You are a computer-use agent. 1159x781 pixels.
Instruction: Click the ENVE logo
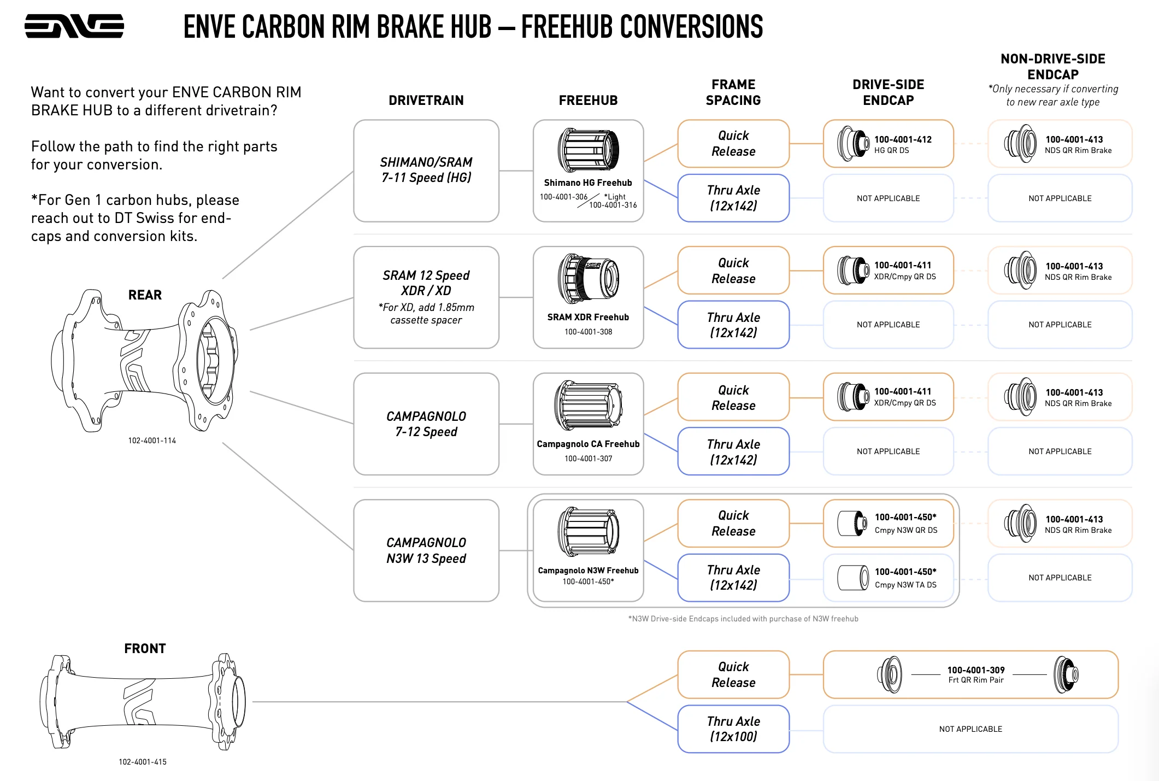click(74, 26)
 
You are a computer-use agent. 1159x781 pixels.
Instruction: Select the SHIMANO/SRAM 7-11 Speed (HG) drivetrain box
click(426, 171)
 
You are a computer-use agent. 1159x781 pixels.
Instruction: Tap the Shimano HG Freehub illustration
click(588, 150)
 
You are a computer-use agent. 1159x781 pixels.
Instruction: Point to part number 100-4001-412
click(903, 139)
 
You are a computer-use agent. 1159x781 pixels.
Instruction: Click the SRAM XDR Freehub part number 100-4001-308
click(588, 332)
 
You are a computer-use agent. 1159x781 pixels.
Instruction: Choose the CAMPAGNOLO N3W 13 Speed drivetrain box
click(426, 550)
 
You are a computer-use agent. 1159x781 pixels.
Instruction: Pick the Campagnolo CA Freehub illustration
click(588, 406)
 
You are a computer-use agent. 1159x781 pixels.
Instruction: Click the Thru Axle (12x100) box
click(733, 729)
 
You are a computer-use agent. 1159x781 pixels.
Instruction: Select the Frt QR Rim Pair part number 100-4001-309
click(976, 670)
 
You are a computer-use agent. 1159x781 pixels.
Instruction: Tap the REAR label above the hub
click(145, 295)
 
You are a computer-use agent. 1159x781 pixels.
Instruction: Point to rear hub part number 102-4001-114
click(152, 441)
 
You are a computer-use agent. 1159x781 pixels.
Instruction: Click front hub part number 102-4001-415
click(143, 762)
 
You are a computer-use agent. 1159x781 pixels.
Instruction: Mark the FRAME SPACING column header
click(733, 92)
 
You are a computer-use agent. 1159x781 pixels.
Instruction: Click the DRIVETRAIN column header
click(426, 101)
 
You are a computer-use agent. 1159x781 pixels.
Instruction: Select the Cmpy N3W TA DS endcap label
click(905, 585)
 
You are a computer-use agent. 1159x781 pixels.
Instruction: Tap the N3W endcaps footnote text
click(743, 619)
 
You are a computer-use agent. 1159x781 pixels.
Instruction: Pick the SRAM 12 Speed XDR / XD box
click(426, 297)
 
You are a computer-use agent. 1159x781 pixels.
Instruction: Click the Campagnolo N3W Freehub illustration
click(588, 532)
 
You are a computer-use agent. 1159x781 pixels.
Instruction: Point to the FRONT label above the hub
click(145, 649)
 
